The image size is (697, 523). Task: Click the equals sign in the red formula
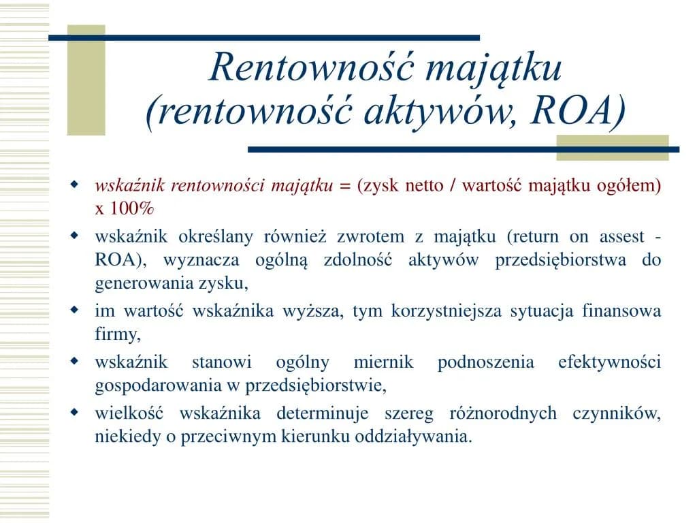(344, 186)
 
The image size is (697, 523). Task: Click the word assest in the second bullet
(621, 237)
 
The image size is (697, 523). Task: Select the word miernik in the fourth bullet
(383, 362)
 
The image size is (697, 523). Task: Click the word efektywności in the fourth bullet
(609, 362)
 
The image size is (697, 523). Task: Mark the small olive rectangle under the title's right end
(613, 148)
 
